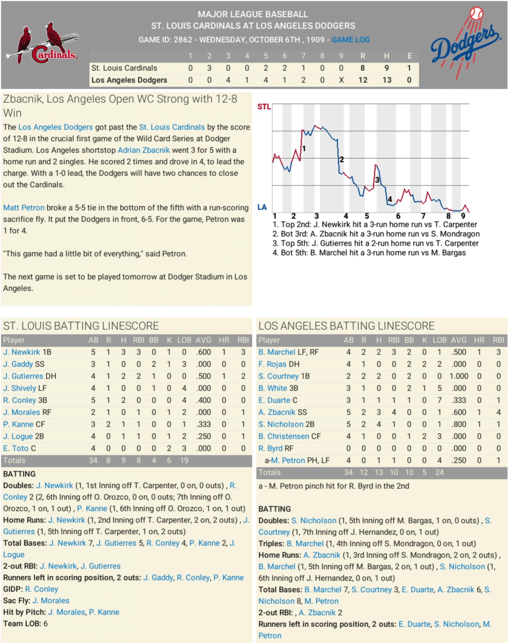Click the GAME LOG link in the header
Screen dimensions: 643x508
[x=350, y=40]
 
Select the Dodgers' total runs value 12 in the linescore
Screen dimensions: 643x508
[x=362, y=80]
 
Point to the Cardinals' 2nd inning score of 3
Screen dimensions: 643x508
[x=209, y=68]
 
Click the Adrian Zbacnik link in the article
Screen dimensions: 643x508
[x=143, y=150]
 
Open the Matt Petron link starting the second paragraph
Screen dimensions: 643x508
[x=24, y=208]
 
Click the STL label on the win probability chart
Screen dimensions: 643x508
[x=264, y=107]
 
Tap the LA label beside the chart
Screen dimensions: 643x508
[x=262, y=207]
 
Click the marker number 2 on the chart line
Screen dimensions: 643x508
[x=342, y=160]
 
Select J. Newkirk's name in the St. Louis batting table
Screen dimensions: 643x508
[x=21, y=352]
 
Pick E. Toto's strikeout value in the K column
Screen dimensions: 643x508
[x=169, y=448]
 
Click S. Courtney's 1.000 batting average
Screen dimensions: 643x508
[x=459, y=376]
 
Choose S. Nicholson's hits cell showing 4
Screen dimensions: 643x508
[x=379, y=424]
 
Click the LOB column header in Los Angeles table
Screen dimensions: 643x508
[x=439, y=340]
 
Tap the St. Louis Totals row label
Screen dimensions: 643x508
[x=14, y=460]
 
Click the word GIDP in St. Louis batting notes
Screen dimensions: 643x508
[x=13, y=589]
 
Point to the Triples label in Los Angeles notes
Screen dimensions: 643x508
[x=271, y=544]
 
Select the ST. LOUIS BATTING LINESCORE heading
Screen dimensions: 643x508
[x=81, y=326]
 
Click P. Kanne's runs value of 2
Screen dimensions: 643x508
[x=108, y=424]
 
